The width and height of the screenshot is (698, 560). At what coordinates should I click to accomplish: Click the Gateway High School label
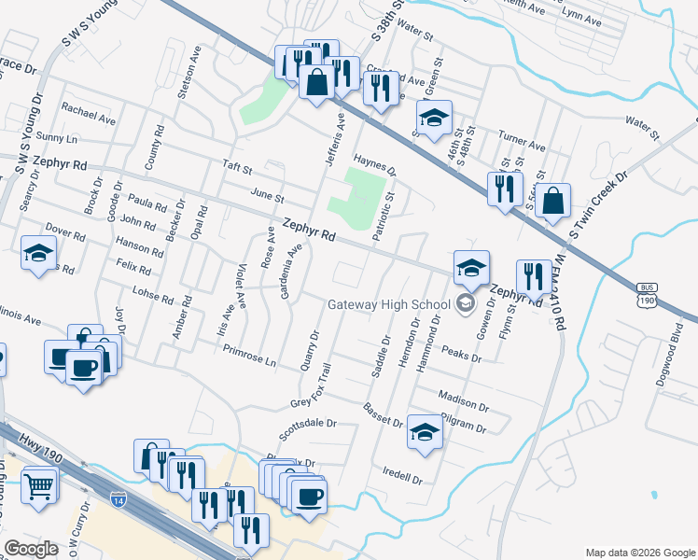[388, 305]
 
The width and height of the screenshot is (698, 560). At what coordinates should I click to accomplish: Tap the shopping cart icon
[38, 485]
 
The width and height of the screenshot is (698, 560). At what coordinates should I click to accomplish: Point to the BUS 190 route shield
[647, 294]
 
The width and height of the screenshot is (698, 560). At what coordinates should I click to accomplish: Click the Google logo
[31, 549]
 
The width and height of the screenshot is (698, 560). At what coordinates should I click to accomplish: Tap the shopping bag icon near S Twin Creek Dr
[553, 200]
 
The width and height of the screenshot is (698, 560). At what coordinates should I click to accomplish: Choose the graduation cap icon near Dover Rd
[39, 252]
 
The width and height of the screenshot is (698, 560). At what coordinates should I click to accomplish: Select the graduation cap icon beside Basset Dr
[425, 431]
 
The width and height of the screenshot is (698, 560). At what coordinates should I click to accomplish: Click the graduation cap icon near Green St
[434, 118]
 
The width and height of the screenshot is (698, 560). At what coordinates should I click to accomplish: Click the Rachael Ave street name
[89, 114]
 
